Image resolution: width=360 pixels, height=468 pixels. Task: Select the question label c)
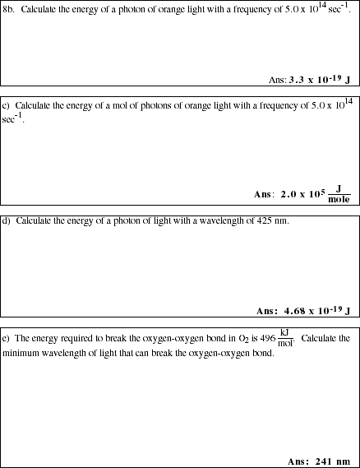[x=7, y=106]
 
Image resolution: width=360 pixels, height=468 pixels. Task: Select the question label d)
[x=7, y=221]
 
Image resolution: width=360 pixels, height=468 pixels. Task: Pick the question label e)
[x=7, y=338]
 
